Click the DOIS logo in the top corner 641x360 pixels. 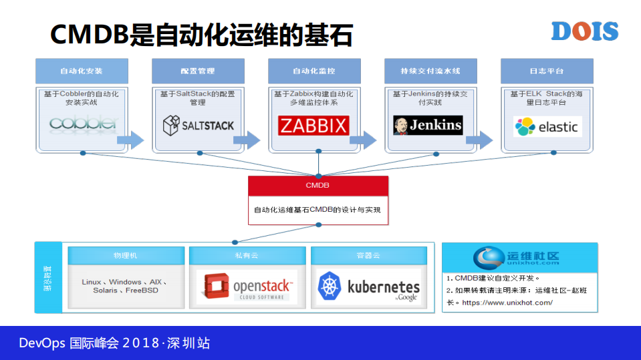(x=585, y=31)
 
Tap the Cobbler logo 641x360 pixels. (x=83, y=124)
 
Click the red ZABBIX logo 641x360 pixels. (x=313, y=125)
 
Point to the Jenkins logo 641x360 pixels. (x=428, y=125)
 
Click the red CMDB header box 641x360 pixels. (x=318, y=186)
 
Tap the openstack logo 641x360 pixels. (x=247, y=287)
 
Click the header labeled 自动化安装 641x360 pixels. (x=82, y=71)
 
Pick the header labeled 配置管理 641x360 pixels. (x=198, y=71)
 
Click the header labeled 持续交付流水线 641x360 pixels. (x=430, y=71)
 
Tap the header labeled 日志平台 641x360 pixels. (x=547, y=71)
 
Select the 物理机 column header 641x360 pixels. (x=126, y=255)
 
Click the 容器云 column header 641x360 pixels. (x=368, y=255)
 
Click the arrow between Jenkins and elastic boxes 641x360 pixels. (x=479, y=140)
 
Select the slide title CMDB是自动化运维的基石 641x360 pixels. (x=201, y=34)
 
